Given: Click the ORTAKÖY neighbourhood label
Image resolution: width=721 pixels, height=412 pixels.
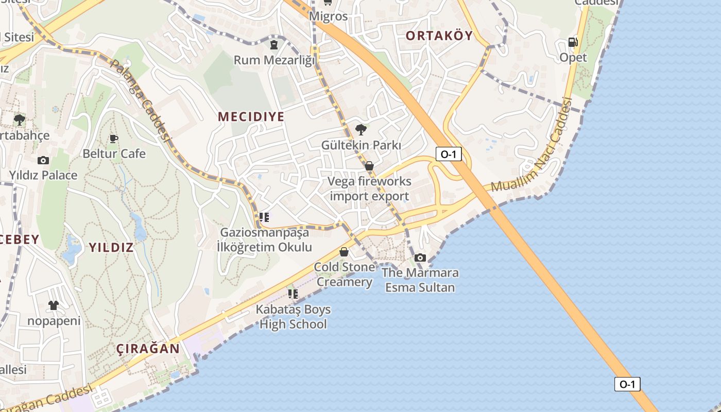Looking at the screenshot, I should [x=439, y=36].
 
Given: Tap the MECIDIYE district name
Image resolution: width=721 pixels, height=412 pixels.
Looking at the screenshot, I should [x=251, y=117].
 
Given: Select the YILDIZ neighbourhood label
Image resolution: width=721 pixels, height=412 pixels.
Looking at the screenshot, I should [x=111, y=248].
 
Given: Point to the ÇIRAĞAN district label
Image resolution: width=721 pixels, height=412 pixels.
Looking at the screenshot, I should [x=148, y=349].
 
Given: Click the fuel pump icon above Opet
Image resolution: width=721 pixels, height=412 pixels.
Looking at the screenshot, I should [x=573, y=42].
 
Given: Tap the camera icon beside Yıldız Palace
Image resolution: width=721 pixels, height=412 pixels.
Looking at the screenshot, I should [x=43, y=160].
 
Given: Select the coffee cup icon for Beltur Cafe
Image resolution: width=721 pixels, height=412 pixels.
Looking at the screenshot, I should [x=114, y=139].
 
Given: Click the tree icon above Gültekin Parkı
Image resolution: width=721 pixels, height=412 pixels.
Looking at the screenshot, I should [x=361, y=130].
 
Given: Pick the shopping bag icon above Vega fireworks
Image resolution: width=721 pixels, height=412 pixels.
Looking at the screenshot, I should [x=369, y=166].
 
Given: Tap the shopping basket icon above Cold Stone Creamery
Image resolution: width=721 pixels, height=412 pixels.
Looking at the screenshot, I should [x=344, y=252].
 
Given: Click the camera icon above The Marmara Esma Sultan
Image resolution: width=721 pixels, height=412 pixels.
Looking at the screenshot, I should [x=420, y=257].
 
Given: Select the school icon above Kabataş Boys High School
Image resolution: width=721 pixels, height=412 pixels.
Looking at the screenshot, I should [x=293, y=294].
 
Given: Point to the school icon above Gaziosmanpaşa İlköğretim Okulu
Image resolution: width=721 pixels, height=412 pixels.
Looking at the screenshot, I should [x=264, y=217].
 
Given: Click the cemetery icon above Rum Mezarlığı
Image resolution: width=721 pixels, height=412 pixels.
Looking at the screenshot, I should [x=274, y=45].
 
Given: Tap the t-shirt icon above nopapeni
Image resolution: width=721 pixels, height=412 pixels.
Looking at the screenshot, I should [x=54, y=305].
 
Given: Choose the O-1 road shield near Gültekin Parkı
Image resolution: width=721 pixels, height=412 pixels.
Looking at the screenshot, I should [x=448, y=153].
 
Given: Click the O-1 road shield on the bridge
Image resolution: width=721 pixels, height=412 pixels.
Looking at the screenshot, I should [x=627, y=384].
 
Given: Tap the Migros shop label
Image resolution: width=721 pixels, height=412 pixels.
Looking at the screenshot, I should [x=329, y=16].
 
